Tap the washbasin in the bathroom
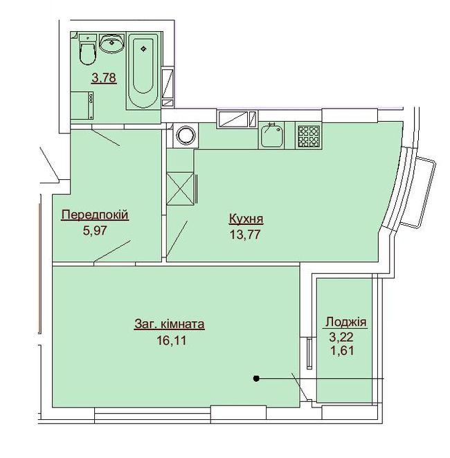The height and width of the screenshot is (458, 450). pos(111,44)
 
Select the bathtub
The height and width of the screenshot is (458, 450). pos(143,69)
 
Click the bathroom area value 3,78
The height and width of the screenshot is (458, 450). pos(104,78)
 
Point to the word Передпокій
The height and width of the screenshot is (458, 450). pos(96,215)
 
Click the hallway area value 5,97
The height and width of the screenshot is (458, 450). pos(96,231)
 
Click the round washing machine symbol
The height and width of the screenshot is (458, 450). pos(185,135)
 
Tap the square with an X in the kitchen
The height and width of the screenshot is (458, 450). pos(181,189)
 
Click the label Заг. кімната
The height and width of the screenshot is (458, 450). pos(169,324)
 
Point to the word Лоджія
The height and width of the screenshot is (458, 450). pos(345,322)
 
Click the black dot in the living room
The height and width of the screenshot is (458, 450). pos(256,378)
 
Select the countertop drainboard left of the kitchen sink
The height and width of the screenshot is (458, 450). pos(233,119)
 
